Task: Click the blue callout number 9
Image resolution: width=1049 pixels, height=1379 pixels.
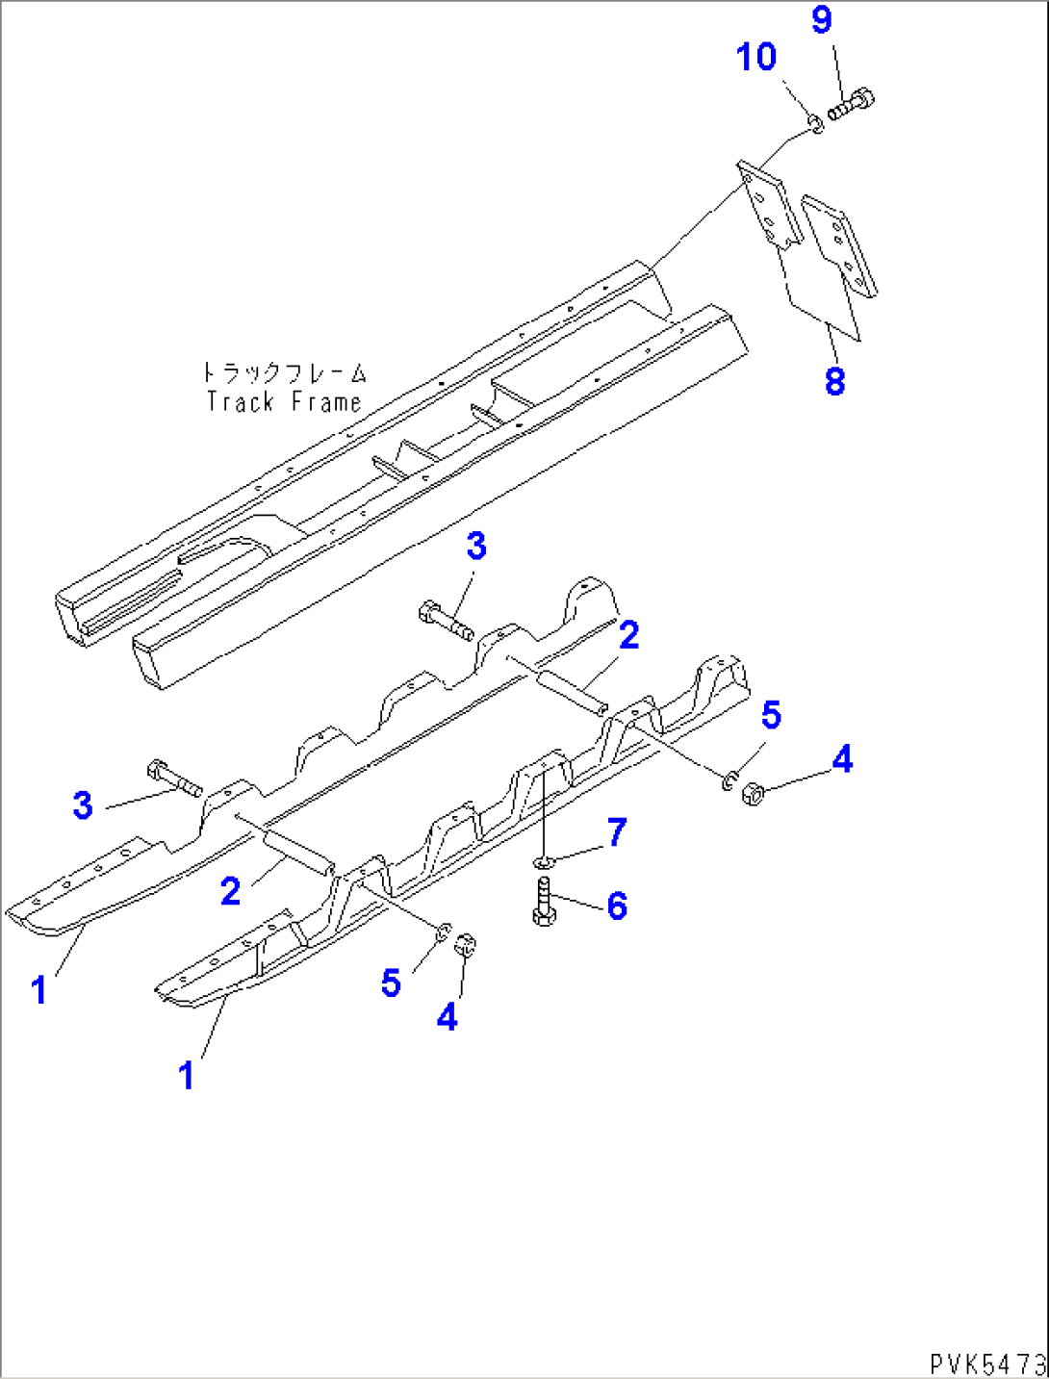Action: [x=821, y=20]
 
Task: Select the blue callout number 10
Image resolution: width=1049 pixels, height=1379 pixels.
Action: [x=756, y=57]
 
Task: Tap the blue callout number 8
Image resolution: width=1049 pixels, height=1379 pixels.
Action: [x=834, y=381]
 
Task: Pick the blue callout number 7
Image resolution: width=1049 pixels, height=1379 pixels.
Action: [x=616, y=832]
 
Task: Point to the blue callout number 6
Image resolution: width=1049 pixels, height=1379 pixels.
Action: [x=617, y=906]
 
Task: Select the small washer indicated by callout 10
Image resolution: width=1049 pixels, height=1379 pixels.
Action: [x=814, y=123]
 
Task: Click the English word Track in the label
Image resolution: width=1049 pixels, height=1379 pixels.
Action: [x=241, y=401]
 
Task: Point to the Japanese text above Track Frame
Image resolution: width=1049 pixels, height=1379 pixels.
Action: [x=284, y=372]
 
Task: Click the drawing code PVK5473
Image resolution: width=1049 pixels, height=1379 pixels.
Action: [x=987, y=1364]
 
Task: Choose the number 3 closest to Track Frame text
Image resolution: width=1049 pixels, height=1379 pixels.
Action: [x=476, y=547]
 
